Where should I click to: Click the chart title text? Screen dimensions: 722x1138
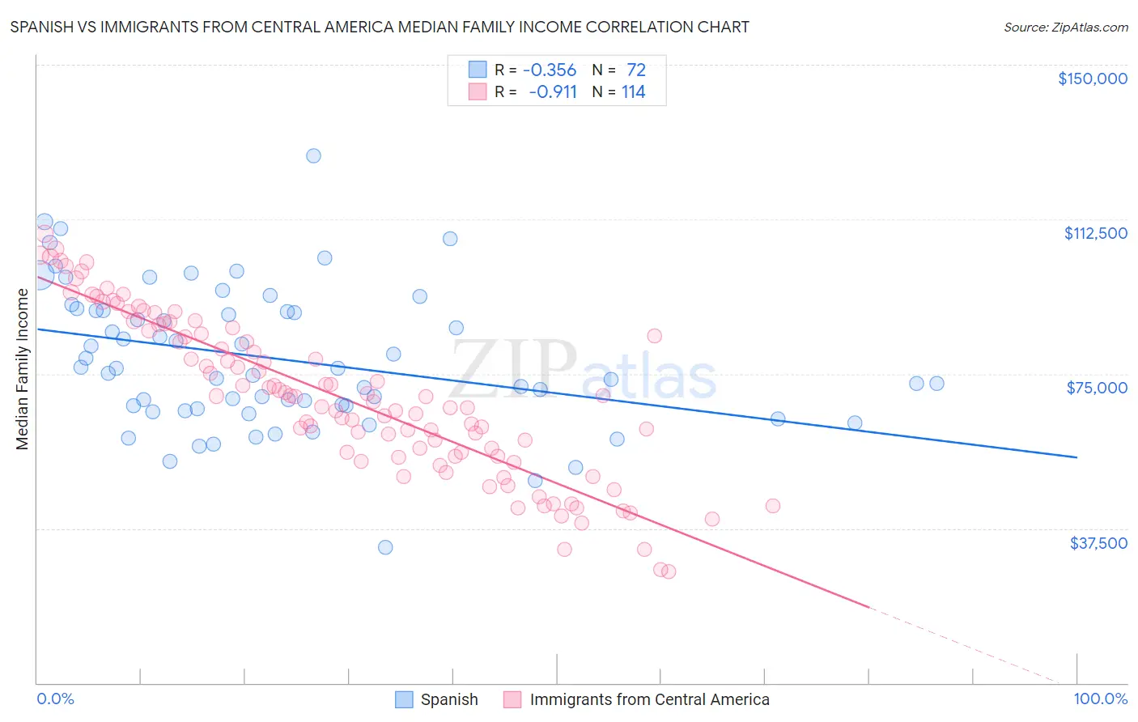pyautogui.click(x=380, y=27)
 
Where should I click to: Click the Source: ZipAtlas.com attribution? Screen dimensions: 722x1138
pyautogui.click(x=1065, y=27)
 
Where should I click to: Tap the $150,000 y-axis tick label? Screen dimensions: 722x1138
pyautogui.click(x=1092, y=79)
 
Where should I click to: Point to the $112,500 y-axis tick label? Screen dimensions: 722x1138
pyautogui.click(x=1095, y=233)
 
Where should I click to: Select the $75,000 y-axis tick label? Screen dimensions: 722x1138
pyautogui.click(x=1097, y=388)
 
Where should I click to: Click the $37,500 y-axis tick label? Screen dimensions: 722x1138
pyautogui.click(x=1098, y=543)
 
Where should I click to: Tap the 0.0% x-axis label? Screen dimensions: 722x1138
pyautogui.click(x=55, y=699)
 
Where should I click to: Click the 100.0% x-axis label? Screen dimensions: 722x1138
pyautogui.click(x=1100, y=699)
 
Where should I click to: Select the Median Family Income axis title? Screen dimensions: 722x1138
pyautogui.click(x=22, y=369)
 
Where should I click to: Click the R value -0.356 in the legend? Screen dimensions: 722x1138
pyautogui.click(x=550, y=70)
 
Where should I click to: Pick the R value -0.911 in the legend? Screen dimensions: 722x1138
pyautogui.click(x=552, y=92)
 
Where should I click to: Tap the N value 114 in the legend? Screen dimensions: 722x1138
pyautogui.click(x=633, y=92)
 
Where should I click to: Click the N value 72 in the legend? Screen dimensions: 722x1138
pyautogui.click(x=635, y=70)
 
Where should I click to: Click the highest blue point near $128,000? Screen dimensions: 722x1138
pyautogui.click(x=313, y=155)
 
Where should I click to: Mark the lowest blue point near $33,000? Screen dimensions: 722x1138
pyautogui.click(x=385, y=547)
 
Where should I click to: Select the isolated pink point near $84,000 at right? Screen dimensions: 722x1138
pyautogui.click(x=654, y=336)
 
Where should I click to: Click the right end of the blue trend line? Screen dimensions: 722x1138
pyautogui.click(x=1076, y=457)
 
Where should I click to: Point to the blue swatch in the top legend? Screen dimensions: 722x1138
pyautogui.click(x=478, y=70)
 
